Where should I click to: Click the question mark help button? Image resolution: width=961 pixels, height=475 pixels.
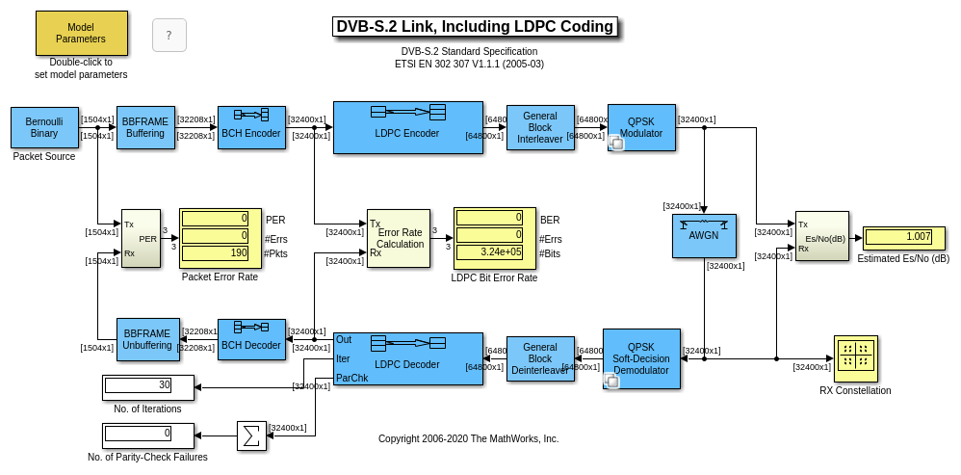[x=169, y=36]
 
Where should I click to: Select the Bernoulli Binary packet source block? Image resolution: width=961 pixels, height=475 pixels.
[x=44, y=127]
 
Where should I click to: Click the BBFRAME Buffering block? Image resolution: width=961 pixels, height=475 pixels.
[x=145, y=127]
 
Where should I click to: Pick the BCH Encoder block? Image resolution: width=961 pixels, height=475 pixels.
[x=251, y=127]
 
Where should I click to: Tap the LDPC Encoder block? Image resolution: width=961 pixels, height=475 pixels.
[x=407, y=127]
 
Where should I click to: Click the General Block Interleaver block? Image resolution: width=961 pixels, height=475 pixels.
[x=540, y=127]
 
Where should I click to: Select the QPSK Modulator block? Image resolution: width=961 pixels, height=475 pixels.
[x=641, y=127]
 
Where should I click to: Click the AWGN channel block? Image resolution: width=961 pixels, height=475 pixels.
[x=704, y=235]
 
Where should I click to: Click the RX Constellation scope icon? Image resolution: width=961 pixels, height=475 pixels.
[x=855, y=358]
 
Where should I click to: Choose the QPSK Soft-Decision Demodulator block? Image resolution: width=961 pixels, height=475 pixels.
[x=641, y=358]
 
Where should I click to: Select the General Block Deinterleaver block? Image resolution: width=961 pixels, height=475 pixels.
[x=540, y=358]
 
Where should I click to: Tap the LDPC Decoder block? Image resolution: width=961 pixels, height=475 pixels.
[x=407, y=358]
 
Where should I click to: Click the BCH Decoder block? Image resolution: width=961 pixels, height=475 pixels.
[x=251, y=339]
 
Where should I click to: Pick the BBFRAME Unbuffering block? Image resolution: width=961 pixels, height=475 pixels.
[x=145, y=339]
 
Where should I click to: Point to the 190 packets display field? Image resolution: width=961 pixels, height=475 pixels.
[x=216, y=253]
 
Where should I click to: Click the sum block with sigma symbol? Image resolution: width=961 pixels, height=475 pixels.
[x=251, y=435]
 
